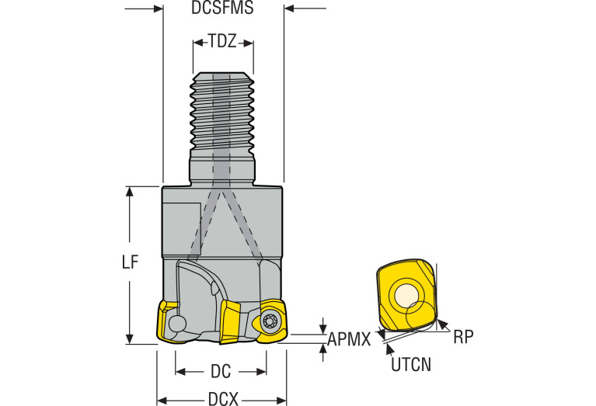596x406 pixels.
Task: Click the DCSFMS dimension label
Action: [222, 10]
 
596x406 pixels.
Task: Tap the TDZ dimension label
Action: [222, 42]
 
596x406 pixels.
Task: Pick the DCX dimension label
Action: [222, 400]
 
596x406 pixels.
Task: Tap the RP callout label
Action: [463, 336]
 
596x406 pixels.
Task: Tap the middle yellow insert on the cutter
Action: [231, 320]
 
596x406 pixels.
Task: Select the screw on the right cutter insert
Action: [270, 323]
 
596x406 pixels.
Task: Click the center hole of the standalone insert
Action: [406, 296]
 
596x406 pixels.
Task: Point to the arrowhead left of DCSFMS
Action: [158, 9]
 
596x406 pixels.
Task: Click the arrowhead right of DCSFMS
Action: [290, 9]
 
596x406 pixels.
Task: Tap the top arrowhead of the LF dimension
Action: [130, 191]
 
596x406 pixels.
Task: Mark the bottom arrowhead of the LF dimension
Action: [130, 338]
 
